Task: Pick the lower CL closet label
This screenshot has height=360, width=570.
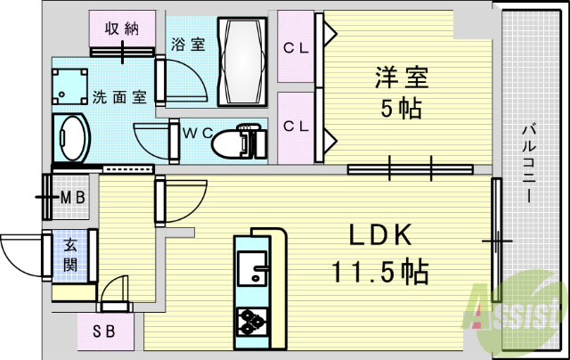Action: (x=296, y=127)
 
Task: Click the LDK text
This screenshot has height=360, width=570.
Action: (x=378, y=235)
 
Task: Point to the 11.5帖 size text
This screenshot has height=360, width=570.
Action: (x=379, y=269)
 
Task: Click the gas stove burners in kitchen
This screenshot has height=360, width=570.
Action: (x=252, y=321)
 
